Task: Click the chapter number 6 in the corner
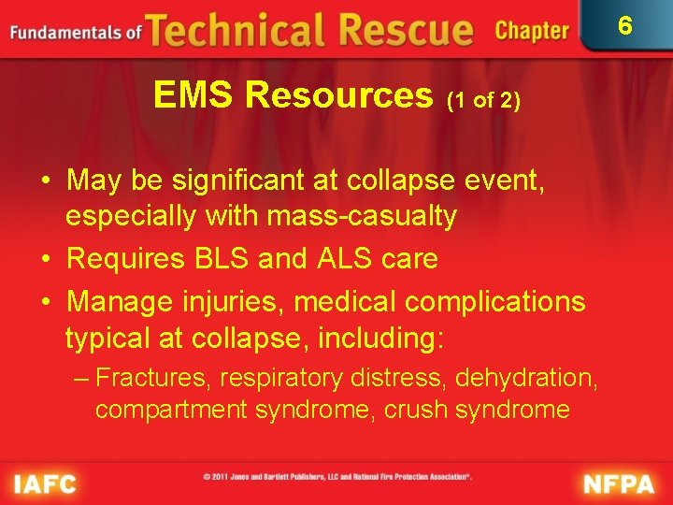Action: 625,25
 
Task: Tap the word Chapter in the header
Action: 532,31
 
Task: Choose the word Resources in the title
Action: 340,94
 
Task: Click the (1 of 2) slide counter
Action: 483,99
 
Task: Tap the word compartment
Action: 169,410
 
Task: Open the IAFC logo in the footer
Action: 43,484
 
